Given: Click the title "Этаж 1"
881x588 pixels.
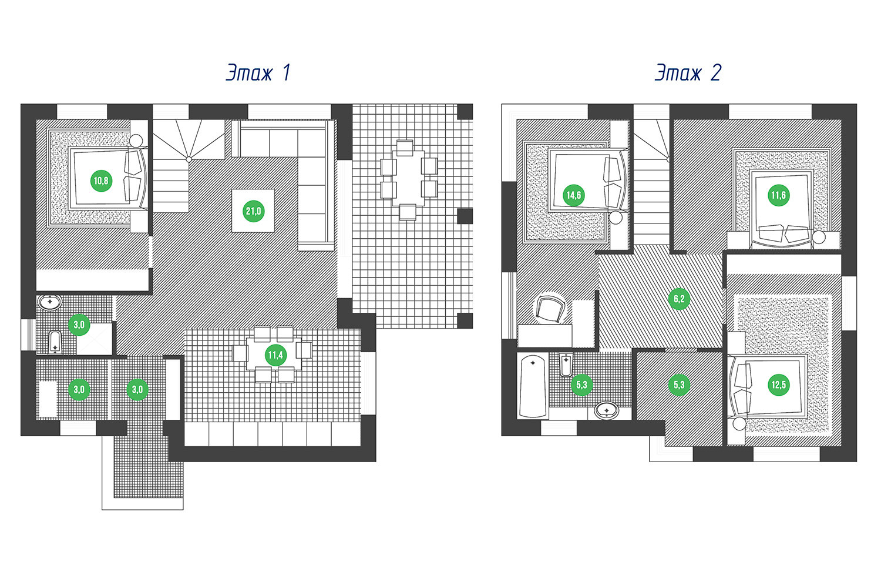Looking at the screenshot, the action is (x=258, y=73).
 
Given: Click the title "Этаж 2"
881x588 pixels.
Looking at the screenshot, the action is (x=688, y=73).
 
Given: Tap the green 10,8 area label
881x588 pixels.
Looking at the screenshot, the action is (x=101, y=181).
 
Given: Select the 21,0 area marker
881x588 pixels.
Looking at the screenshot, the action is (x=254, y=211).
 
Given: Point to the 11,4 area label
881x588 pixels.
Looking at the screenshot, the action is (x=275, y=355).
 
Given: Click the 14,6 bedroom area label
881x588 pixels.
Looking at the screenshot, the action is (x=573, y=195).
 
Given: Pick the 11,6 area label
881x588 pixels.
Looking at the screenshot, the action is (x=778, y=195).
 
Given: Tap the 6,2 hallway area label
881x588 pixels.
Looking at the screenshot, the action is (x=679, y=299).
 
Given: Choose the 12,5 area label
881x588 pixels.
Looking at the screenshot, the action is (x=778, y=385).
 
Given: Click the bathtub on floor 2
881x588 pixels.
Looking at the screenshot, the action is (x=533, y=385).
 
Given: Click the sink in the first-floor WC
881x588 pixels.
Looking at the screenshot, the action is (x=50, y=303).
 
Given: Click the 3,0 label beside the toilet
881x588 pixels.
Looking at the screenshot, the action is (x=79, y=324).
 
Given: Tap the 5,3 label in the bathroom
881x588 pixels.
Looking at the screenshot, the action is (x=581, y=385).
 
